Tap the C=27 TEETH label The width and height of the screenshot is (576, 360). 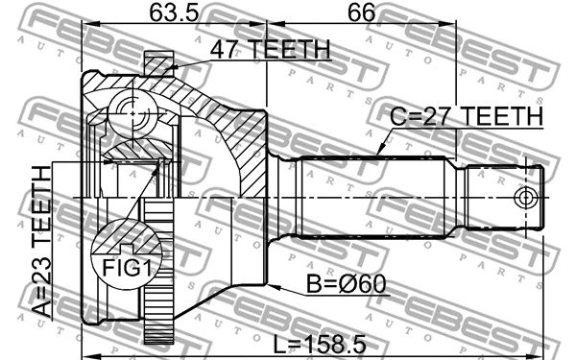tap(466, 116)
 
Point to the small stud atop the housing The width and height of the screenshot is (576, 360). tap(158, 63)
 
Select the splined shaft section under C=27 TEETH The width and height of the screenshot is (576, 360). tap(374, 197)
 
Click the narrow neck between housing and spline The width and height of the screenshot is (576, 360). tap(281, 197)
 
